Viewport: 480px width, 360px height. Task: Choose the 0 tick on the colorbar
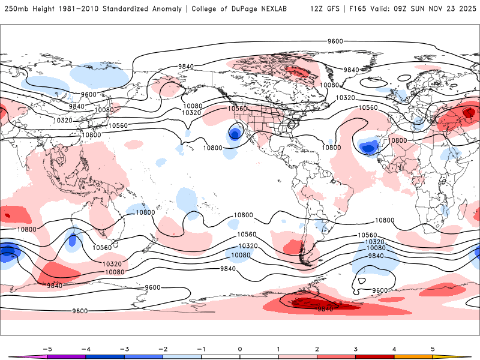(240, 349)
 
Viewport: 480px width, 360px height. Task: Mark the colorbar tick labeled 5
(433, 349)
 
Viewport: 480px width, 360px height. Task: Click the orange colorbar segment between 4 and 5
(413, 356)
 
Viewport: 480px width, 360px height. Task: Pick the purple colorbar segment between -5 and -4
(66, 356)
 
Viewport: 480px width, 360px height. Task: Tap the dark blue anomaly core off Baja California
(234, 133)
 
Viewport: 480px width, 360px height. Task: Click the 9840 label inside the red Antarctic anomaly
(325, 308)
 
